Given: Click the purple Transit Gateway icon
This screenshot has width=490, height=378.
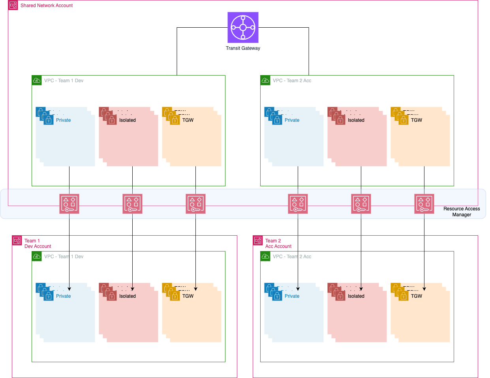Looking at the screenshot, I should coord(243,27).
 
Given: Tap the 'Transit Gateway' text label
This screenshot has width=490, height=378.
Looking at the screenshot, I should coord(243,48).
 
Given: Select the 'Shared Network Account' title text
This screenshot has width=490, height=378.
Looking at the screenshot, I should coord(47,6).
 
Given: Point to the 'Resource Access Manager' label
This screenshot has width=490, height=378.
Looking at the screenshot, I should coord(461,212).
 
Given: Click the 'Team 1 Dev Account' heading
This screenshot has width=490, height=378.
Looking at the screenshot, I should coord(38,244).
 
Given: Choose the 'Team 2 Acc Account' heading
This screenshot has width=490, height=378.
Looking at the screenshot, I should coord(278,244).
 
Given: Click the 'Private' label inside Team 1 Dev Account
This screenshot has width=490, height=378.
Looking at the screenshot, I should coord(63,296).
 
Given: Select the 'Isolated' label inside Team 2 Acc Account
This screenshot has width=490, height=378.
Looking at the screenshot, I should coord(356,296).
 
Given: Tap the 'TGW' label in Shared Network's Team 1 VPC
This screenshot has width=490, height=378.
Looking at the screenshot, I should coord(188,120).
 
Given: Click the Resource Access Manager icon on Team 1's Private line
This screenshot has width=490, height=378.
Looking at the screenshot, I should coord(69,204).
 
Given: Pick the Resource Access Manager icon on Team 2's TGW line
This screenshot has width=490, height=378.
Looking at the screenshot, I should coord(424,204).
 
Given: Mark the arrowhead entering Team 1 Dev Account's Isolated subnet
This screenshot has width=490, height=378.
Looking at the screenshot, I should coord(132,289).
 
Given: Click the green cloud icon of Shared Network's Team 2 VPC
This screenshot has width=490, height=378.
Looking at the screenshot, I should coord(265,80).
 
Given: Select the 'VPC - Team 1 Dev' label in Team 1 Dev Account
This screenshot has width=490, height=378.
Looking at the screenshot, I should coord(64,257).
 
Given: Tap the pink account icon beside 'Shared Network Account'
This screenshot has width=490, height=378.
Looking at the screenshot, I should coord(13,6).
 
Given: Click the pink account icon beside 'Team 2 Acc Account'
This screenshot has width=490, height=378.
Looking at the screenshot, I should coord(258,240).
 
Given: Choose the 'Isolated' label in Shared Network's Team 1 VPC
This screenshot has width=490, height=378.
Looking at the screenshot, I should coord(127,120).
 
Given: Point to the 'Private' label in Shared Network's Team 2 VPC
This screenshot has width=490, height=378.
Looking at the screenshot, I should coord(292,120).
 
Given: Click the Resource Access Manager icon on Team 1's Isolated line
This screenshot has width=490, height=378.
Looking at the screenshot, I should coord(132,204).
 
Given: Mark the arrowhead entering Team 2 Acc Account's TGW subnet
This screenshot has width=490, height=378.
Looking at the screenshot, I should coord(424,289).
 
